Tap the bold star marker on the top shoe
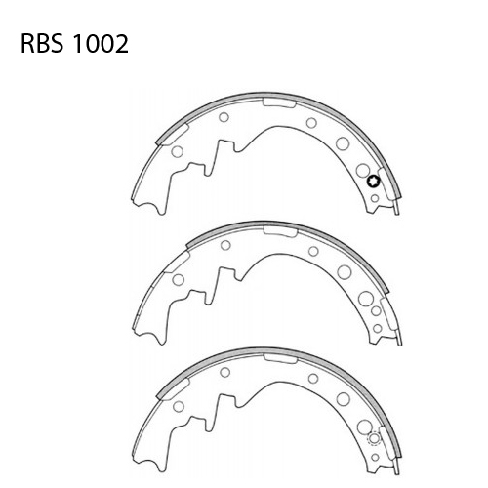point(373,180)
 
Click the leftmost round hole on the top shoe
point(176,151)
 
